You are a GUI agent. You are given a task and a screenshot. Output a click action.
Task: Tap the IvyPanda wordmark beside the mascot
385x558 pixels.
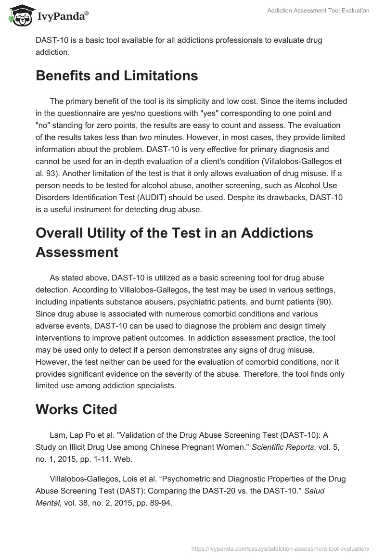[x=63, y=17]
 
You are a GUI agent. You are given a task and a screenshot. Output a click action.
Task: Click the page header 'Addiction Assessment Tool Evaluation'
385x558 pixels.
[x=318, y=11]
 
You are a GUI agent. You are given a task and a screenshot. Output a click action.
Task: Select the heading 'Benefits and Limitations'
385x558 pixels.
[x=117, y=76]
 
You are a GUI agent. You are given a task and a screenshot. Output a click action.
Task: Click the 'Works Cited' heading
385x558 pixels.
[x=77, y=409]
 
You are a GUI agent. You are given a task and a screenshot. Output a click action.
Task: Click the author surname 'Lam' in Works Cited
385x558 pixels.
[x=57, y=435]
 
